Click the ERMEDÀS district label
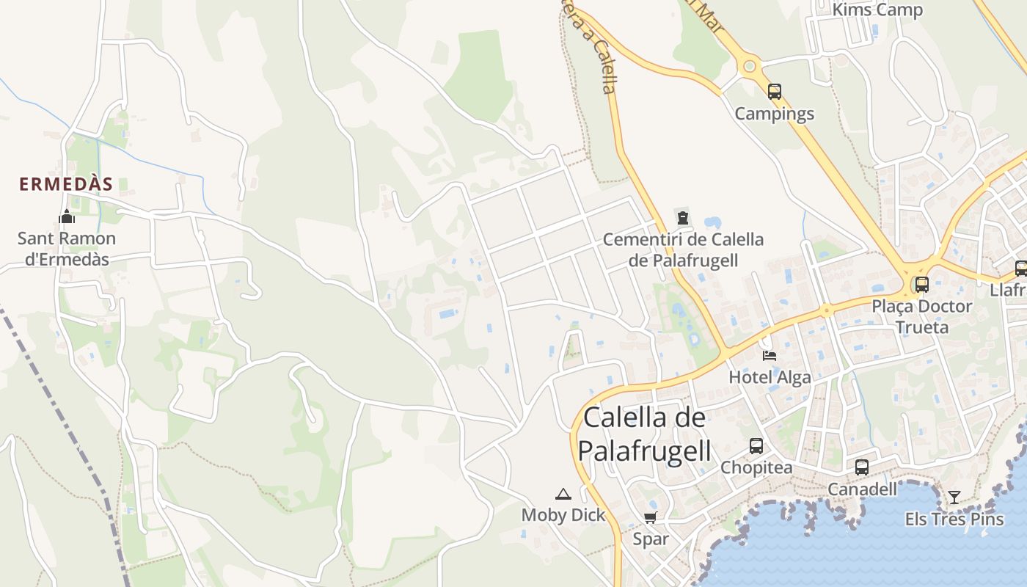click(x=66, y=184)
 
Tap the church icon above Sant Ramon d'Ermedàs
click(x=67, y=217)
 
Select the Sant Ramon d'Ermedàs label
click(x=67, y=249)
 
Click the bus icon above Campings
click(x=775, y=92)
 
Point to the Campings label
click(x=775, y=114)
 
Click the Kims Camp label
click(x=877, y=10)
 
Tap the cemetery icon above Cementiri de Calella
click(x=683, y=217)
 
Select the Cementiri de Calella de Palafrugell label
click(x=683, y=249)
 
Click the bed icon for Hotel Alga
click(x=770, y=356)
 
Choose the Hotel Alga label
click(x=770, y=377)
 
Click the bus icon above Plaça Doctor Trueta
click(x=922, y=285)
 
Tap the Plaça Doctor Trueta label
click(x=922, y=316)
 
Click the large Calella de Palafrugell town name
click(x=645, y=434)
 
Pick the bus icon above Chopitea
click(x=756, y=446)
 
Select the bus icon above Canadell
click(x=862, y=467)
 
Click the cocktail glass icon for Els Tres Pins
click(x=954, y=497)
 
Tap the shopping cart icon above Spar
click(x=650, y=517)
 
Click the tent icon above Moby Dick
click(x=563, y=495)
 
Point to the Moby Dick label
click(x=563, y=515)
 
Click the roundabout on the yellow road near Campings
click(x=749, y=66)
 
